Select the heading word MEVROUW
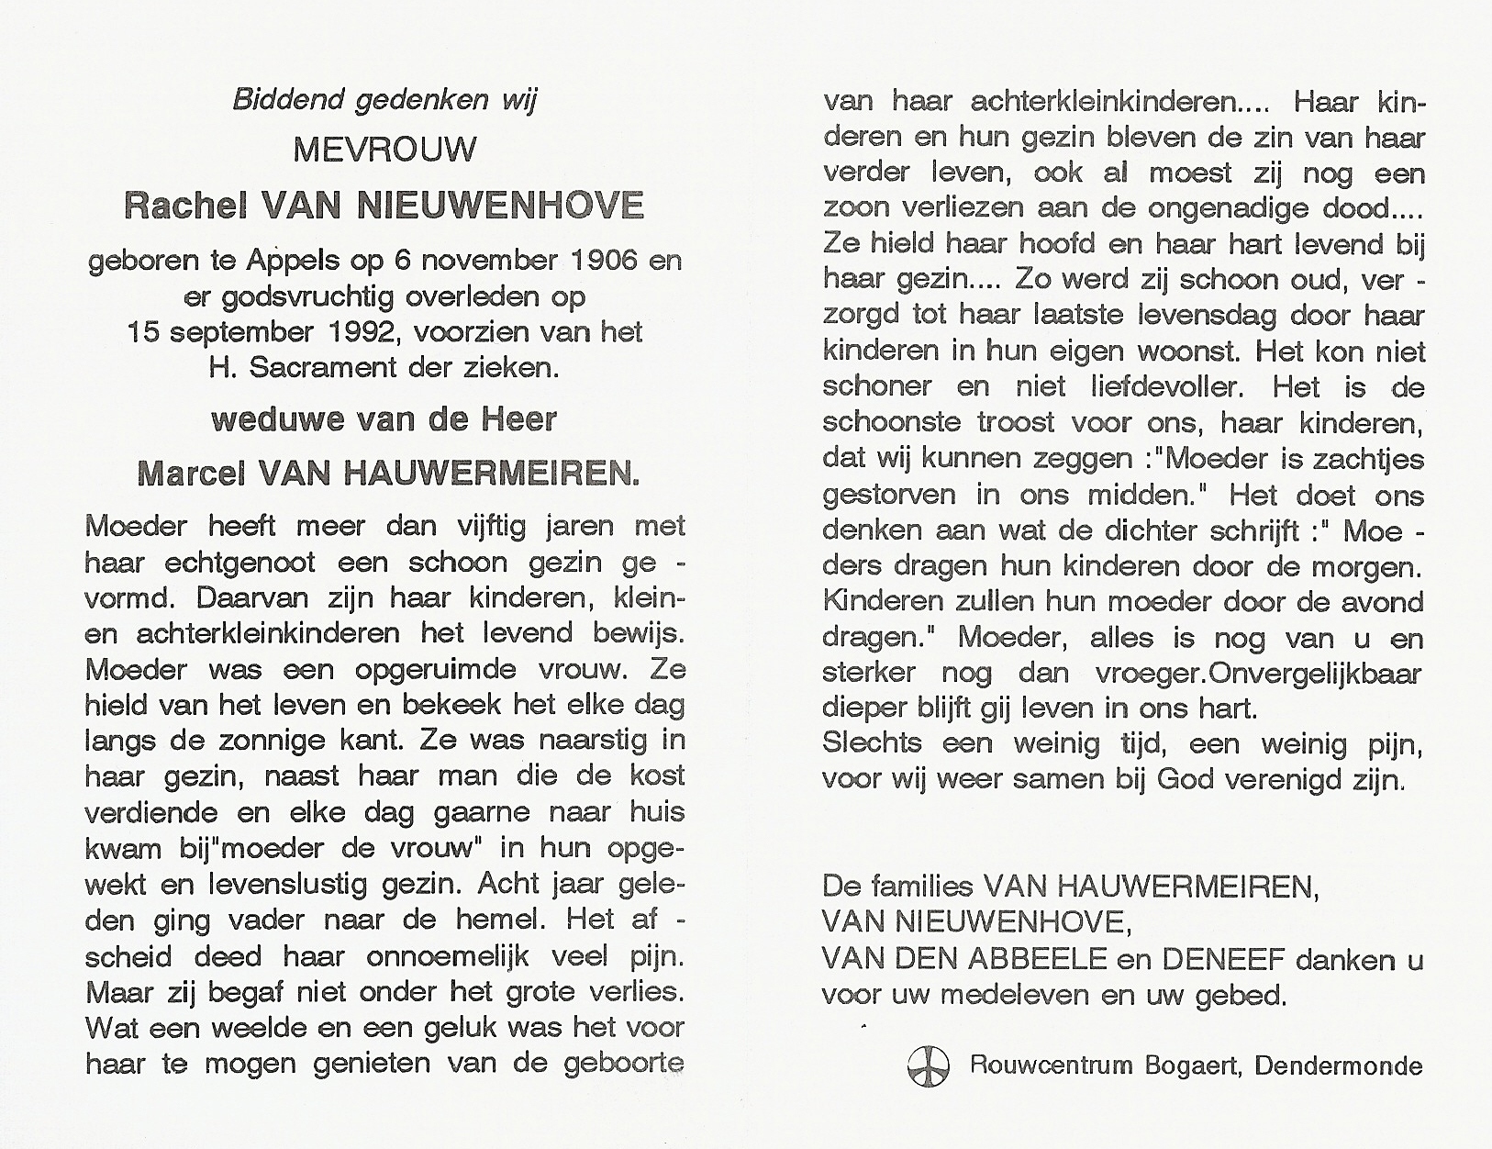click(x=384, y=150)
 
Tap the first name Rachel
click(x=188, y=206)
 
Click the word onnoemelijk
click(x=448, y=956)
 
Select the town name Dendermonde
click(x=1339, y=1066)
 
